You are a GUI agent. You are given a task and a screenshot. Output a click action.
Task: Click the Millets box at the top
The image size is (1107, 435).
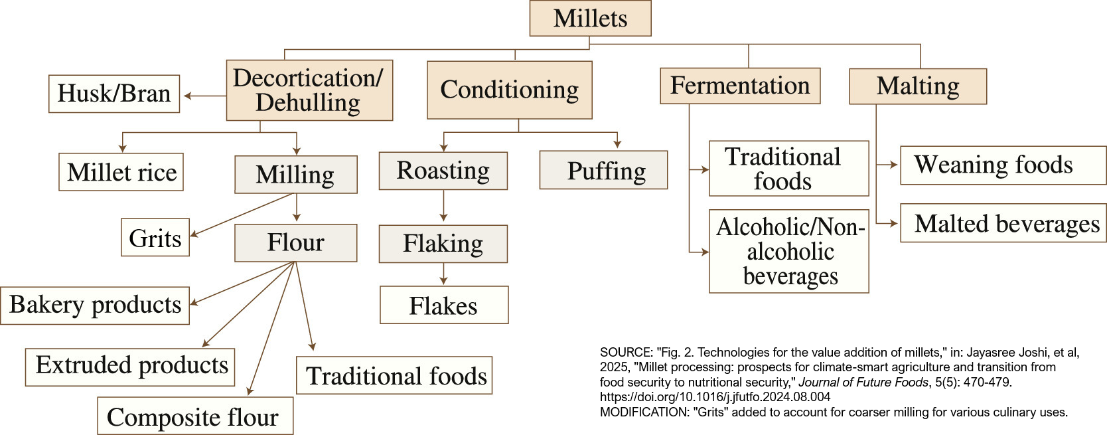[590, 18]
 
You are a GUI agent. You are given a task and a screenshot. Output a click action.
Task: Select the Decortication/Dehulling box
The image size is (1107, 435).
[309, 90]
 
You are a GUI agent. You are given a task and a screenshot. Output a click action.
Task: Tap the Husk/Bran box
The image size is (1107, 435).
[114, 94]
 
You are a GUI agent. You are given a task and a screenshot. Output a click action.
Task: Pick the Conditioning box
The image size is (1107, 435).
[509, 90]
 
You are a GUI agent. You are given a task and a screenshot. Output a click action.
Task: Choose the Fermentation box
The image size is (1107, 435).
[739, 86]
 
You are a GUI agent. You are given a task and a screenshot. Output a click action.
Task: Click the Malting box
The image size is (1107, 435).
[917, 86]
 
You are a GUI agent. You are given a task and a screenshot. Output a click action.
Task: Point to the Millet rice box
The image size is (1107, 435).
[121, 172]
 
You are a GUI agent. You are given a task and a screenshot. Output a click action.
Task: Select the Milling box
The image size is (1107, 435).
[295, 175]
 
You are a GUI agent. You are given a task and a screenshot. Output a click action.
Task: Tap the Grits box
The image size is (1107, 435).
[155, 238]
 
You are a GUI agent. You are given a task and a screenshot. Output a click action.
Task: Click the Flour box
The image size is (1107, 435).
[295, 242]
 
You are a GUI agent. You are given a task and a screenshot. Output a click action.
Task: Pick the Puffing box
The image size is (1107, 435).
[603, 171]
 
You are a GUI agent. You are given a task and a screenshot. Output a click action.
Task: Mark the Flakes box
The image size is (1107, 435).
[443, 305]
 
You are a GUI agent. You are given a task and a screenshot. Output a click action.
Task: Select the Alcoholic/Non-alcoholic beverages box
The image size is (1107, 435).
[788, 252]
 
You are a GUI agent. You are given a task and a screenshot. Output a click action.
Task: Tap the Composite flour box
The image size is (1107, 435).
[194, 416]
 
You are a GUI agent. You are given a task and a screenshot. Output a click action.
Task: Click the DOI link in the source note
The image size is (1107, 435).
[715, 397]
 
